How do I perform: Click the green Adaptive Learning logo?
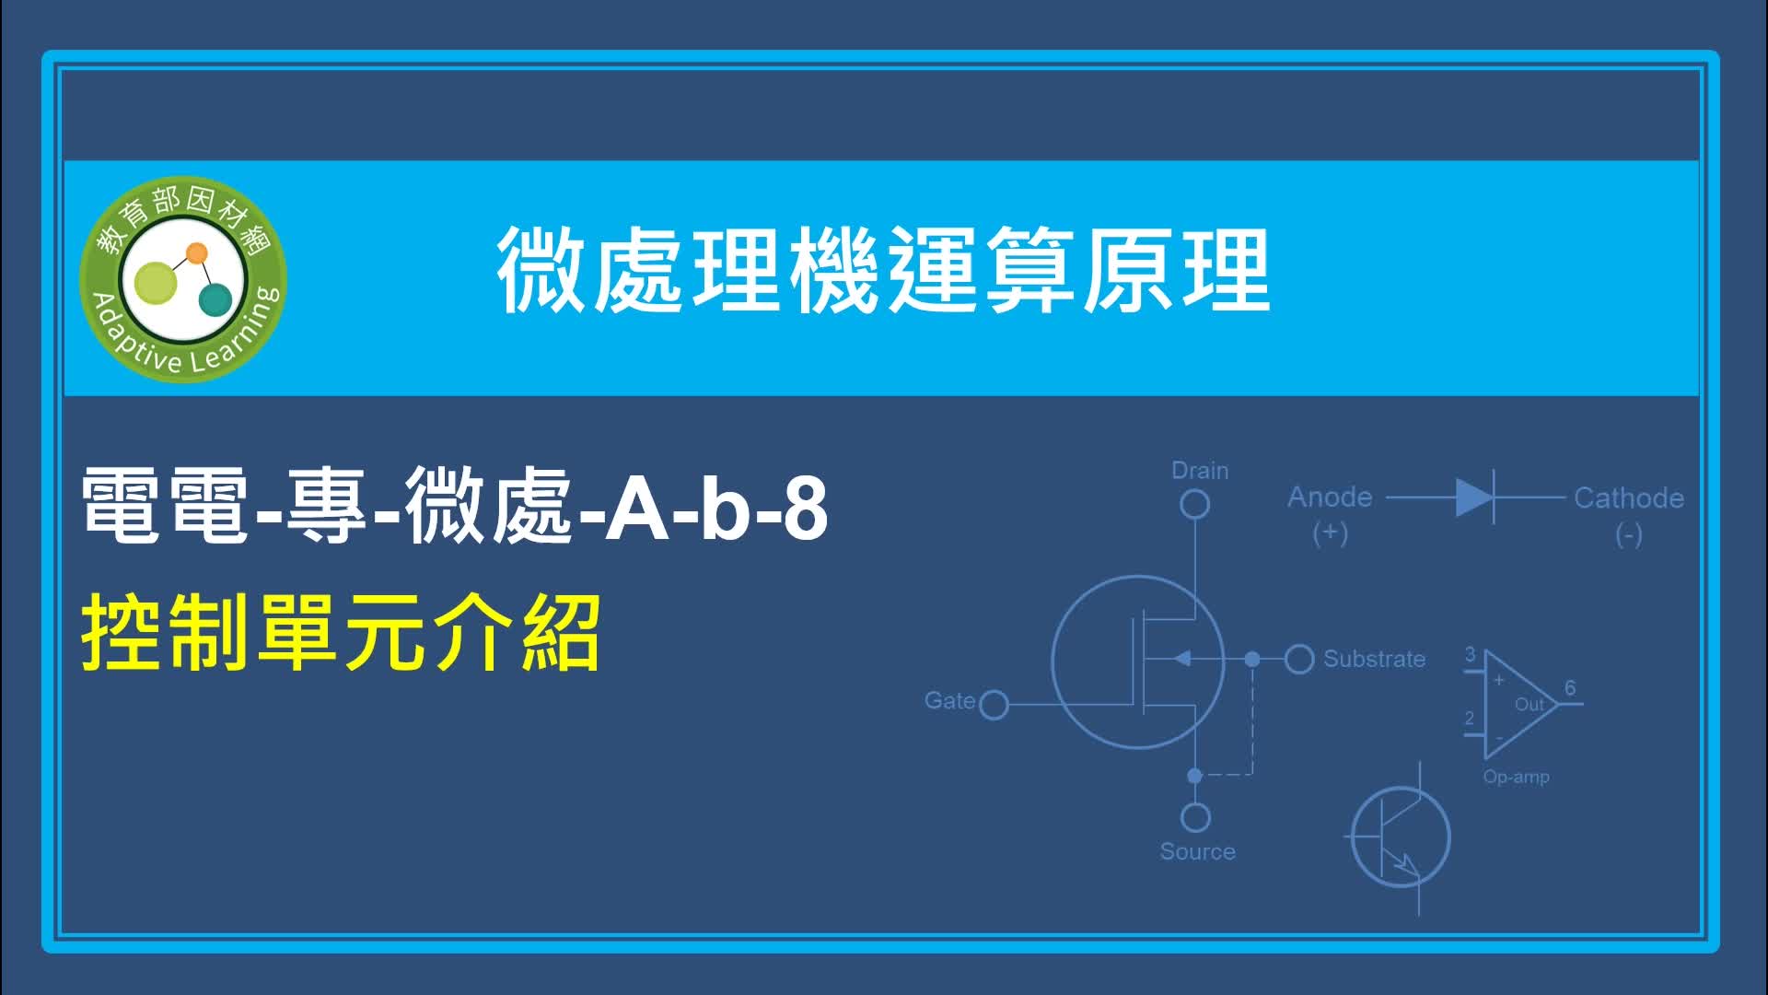(x=183, y=279)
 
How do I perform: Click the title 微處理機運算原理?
(x=884, y=271)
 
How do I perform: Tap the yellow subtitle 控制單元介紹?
(x=342, y=633)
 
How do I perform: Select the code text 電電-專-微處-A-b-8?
(x=455, y=505)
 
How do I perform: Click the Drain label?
(x=1200, y=471)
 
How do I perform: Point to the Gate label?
(x=949, y=701)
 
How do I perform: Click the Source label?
(x=1197, y=852)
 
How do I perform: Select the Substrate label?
(x=1374, y=660)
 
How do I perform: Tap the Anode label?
(x=1330, y=497)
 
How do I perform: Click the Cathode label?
(x=1629, y=498)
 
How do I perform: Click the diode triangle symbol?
(x=1474, y=497)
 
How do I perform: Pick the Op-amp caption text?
(x=1516, y=777)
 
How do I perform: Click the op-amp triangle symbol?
(x=1519, y=705)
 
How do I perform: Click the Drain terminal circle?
(x=1195, y=504)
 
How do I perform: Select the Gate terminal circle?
(x=994, y=706)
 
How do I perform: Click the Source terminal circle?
(x=1195, y=817)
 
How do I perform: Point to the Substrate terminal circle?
(x=1298, y=659)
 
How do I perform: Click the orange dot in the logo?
(x=196, y=253)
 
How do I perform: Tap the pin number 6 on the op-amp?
(x=1570, y=688)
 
